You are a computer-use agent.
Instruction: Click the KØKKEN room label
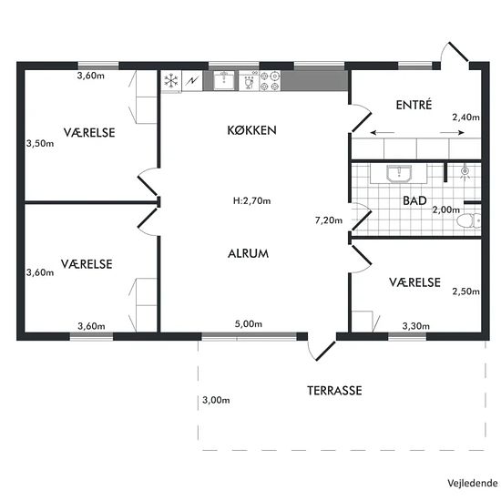(251, 130)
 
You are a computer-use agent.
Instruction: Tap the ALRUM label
(249, 254)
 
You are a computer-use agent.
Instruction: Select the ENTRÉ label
(414, 105)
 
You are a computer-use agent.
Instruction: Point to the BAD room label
(414, 200)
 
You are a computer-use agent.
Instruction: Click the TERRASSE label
(334, 391)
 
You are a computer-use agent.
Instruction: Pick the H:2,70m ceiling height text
(251, 200)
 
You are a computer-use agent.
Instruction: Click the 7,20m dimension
(329, 220)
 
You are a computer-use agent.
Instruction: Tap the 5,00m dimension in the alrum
(249, 324)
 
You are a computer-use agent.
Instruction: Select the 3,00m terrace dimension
(216, 400)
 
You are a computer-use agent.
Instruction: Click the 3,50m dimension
(40, 143)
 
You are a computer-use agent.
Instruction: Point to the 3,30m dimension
(415, 326)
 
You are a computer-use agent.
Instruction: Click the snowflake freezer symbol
(171, 80)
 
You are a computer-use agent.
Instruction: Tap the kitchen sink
(224, 80)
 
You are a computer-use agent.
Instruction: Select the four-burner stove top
(270, 81)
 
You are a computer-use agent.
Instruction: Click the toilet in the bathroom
(469, 220)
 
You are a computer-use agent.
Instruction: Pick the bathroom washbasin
(399, 173)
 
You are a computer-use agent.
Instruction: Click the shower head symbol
(465, 172)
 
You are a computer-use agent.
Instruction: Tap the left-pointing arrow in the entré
(383, 133)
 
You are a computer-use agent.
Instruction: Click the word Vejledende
(472, 483)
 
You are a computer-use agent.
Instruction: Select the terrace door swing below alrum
(322, 351)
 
